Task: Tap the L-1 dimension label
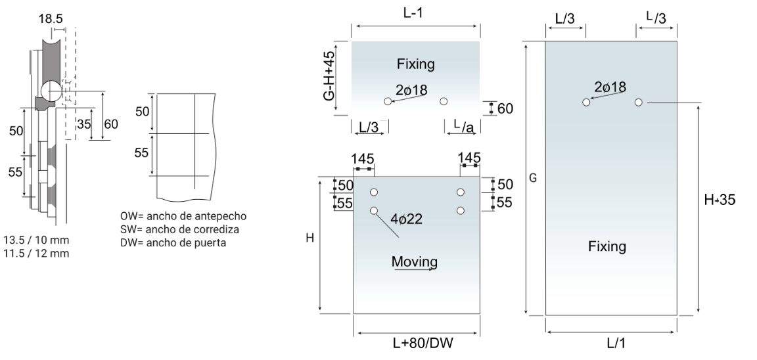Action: [415, 14]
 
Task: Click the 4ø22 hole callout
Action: [406, 219]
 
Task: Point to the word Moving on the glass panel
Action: [414, 262]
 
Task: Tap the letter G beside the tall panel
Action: [533, 179]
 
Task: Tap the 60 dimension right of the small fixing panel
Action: [505, 108]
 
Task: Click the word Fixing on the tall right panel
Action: [607, 246]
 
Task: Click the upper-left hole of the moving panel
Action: [374, 192]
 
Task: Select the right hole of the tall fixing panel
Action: [638, 102]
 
